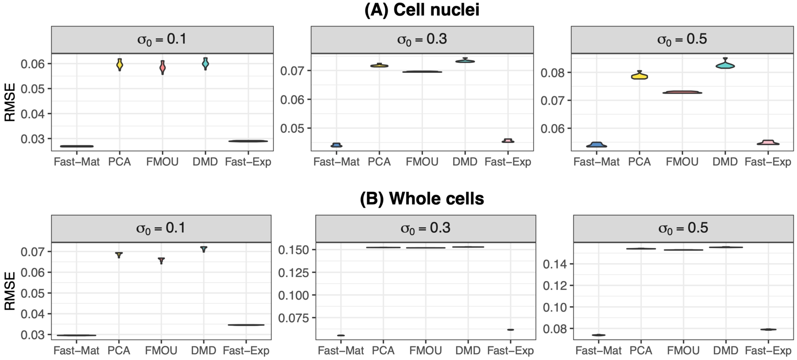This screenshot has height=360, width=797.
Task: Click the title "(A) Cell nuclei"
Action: tap(422, 10)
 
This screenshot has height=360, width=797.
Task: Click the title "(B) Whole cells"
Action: tap(422, 199)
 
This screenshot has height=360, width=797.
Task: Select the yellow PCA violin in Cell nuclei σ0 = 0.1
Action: tap(120, 65)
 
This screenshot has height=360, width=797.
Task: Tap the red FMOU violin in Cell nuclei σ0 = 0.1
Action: tap(162, 67)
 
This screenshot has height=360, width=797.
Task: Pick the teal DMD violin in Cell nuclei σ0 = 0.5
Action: tap(725, 65)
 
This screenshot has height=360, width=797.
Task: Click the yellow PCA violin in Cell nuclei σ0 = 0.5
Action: tap(639, 76)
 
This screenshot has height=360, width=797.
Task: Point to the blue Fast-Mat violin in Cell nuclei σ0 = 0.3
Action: tap(336, 145)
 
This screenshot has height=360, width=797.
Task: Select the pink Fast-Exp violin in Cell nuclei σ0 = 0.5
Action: tap(768, 143)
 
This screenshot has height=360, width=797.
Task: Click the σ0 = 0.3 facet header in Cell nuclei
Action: tap(422, 40)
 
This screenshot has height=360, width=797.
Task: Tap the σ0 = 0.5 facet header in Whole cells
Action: tap(683, 228)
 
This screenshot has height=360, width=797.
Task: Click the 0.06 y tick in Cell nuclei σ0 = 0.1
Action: tap(33, 64)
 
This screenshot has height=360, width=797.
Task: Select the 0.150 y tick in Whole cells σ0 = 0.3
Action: tap(294, 250)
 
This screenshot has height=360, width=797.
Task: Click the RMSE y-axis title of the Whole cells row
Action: tap(10, 292)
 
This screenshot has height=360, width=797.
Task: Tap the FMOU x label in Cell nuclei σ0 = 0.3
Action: tap(422, 162)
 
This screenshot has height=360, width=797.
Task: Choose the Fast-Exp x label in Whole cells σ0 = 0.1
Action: tap(246, 351)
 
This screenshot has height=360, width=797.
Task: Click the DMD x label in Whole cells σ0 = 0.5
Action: tap(726, 351)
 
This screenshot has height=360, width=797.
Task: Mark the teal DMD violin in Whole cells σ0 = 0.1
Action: tap(204, 249)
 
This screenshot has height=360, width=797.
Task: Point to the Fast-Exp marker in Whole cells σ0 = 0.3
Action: tap(510, 330)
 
